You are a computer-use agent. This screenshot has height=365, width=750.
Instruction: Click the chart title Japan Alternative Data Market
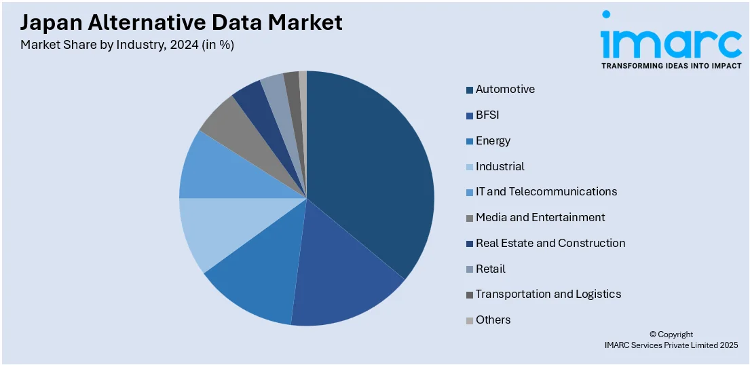(181, 23)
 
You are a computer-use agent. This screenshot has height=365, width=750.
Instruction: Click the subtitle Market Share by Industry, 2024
(128, 45)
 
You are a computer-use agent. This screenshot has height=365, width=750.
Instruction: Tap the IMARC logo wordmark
(671, 41)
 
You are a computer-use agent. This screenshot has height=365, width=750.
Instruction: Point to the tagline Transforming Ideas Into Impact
(671, 66)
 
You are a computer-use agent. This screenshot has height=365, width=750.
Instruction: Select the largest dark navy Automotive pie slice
(370, 170)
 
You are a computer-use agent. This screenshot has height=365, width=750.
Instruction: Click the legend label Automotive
(505, 90)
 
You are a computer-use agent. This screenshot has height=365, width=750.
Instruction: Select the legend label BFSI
(487, 115)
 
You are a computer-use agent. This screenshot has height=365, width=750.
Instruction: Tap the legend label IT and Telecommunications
(546, 192)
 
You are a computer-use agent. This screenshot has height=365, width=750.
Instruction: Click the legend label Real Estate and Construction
(550, 243)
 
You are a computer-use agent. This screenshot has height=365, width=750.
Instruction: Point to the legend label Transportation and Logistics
(548, 294)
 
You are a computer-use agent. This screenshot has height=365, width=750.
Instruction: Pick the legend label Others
(493, 320)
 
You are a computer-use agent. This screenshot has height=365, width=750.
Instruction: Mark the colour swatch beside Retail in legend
(470, 269)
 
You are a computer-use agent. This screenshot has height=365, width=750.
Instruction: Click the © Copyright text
(671, 334)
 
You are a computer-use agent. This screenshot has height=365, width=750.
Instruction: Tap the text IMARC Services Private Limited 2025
(671, 345)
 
